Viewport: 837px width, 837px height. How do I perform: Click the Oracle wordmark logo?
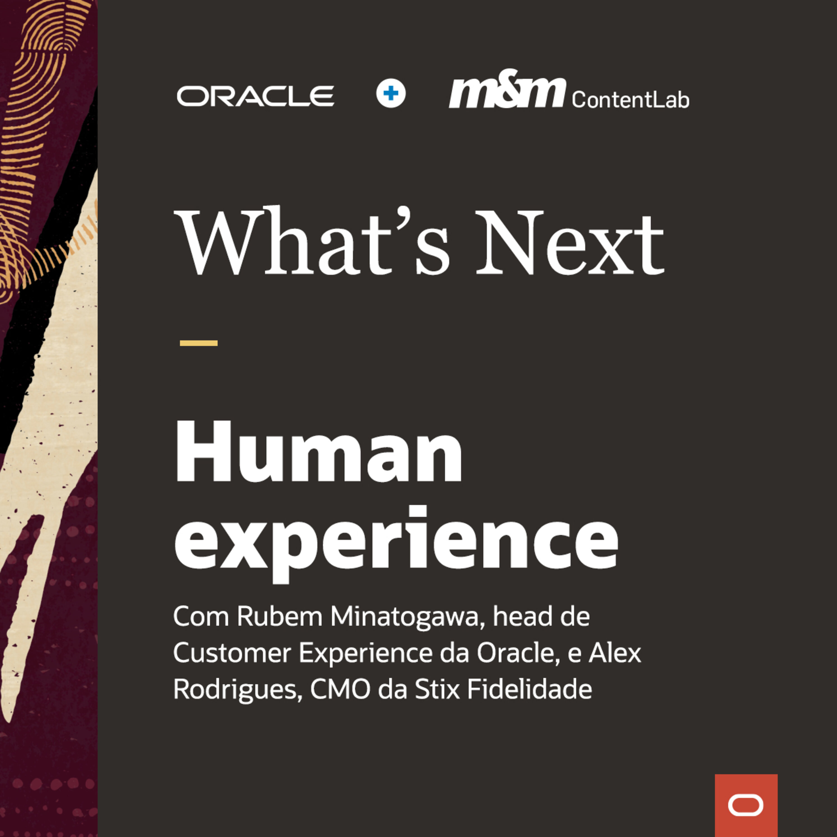pyautogui.click(x=256, y=96)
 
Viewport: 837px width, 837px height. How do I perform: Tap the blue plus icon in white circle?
pyautogui.click(x=391, y=93)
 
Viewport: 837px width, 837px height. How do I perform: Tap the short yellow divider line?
pyautogui.click(x=198, y=343)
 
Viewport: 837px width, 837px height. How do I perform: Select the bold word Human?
pyautogui.click(x=319, y=452)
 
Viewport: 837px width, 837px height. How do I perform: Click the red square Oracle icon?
pyautogui.click(x=746, y=805)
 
